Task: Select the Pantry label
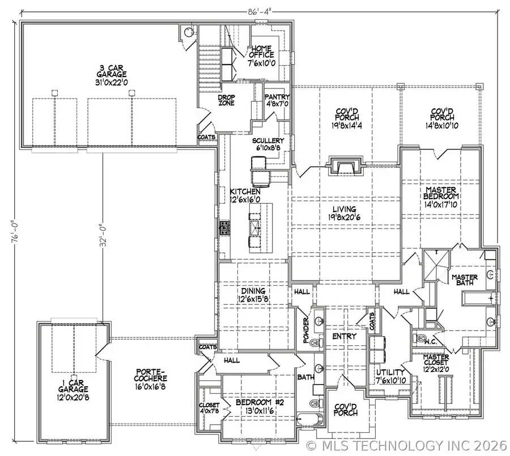[277, 100]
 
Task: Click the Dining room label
[252, 295]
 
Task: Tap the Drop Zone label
[227, 100]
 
